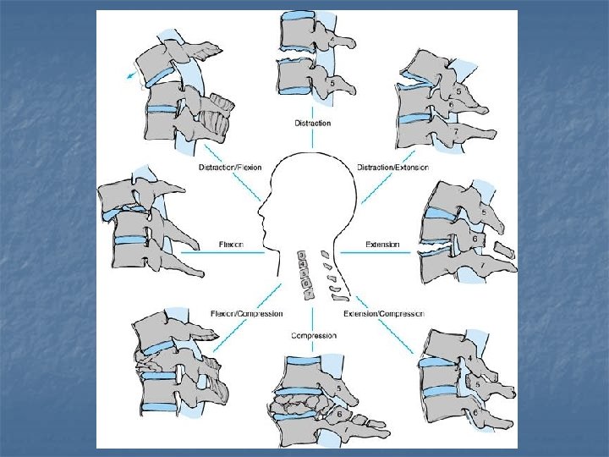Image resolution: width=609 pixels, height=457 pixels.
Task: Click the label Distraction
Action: [312, 124]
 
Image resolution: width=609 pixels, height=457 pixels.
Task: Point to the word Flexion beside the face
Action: [231, 245]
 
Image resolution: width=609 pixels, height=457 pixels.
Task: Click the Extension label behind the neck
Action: [382, 245]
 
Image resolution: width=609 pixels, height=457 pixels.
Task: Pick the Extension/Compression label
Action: [384, 314]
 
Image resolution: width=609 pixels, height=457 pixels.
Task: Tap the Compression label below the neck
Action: [313, 336]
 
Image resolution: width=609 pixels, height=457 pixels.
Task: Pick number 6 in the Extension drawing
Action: [475, 240]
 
